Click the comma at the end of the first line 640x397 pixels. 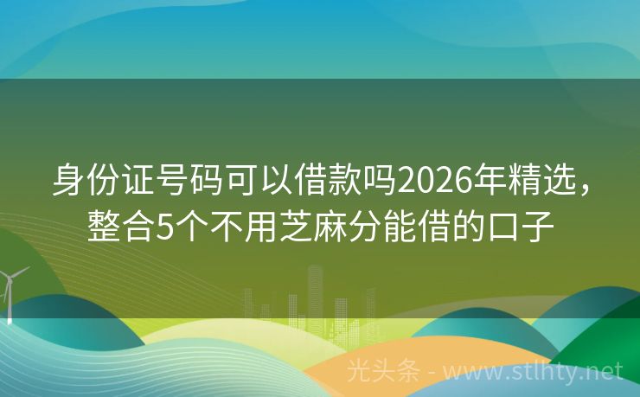click(591, 189)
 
